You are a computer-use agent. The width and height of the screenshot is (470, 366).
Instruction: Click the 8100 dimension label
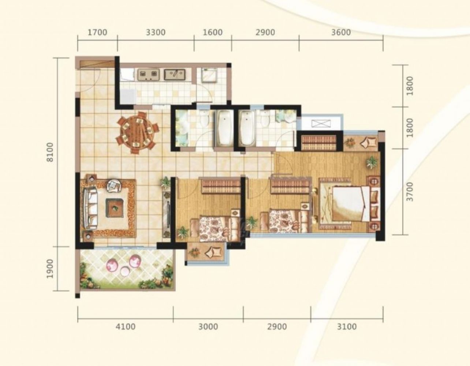[50, 152]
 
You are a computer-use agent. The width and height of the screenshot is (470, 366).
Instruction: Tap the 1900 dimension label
[50, 269]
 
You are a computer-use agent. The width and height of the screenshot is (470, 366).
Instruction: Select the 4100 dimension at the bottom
[126, 326]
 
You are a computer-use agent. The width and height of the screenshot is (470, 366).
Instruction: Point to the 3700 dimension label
[410, 192]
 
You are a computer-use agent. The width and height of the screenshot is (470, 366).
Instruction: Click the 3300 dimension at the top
[156, 33]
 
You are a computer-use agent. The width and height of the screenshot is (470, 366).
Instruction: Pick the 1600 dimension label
[213, 33]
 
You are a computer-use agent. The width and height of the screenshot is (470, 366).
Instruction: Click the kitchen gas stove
[148, 75]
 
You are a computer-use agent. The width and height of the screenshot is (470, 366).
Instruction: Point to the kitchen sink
[175, 75]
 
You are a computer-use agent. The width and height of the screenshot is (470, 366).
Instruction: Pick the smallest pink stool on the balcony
[124, 271]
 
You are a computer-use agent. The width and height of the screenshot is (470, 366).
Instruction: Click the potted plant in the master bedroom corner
[372, 162]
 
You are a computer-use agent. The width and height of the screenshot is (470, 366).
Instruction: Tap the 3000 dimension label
[208, 326]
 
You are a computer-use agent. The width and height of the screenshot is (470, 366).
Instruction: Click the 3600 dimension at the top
[341, 33]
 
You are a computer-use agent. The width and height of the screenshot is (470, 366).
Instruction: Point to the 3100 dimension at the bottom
[347, 326]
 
